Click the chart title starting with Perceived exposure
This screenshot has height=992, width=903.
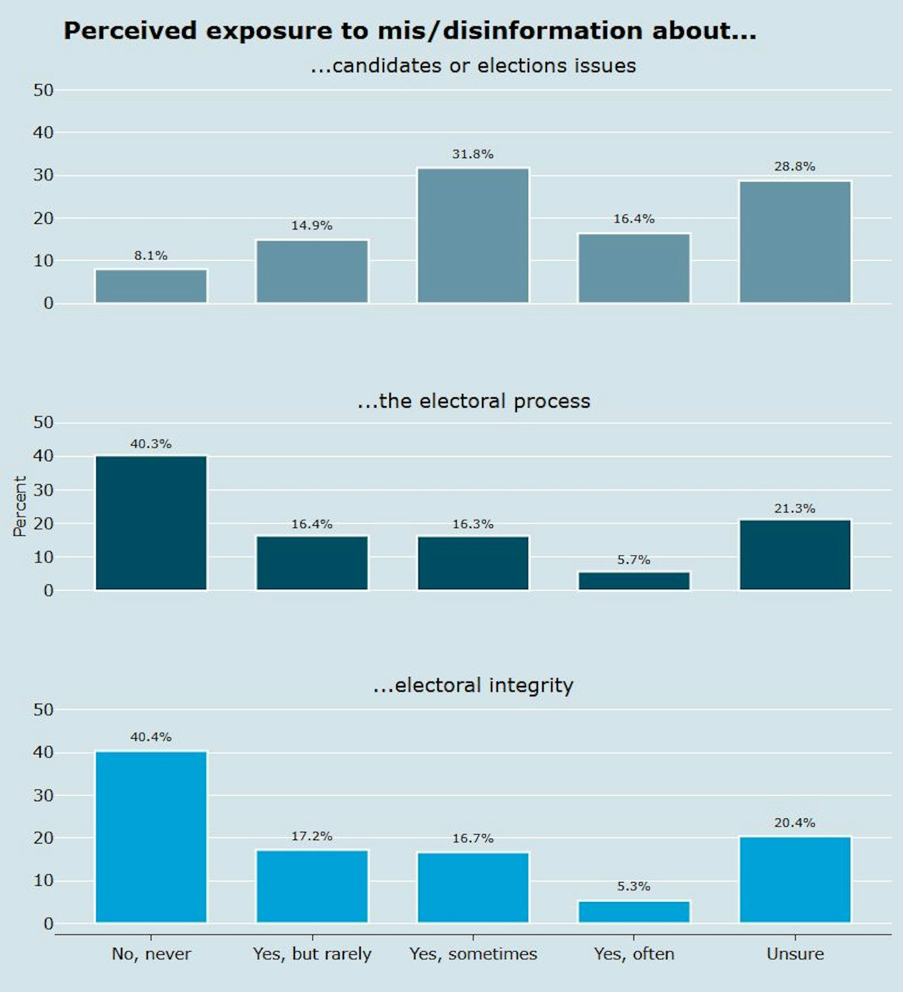tap(410, 31)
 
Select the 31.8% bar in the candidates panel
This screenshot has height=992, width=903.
tap(473, 235)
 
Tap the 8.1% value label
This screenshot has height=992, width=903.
tap(150, 255)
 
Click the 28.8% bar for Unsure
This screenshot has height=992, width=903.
tap(795, 242)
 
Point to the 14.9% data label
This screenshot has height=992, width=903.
tap(312, 225)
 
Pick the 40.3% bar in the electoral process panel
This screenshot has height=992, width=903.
tap(151, 523)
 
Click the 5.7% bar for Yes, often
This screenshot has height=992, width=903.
tap(634, 581)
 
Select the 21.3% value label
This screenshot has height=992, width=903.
tap(794, 508)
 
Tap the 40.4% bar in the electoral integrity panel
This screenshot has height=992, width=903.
tap(151, 836)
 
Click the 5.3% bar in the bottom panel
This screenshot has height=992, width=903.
tap(634, 911)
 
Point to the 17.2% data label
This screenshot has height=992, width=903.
tap(312, 836)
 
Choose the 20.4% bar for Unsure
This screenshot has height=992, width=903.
tap(795, 879)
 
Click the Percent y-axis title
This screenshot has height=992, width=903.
tap(20, 506)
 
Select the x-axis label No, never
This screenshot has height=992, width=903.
tap(151, 953)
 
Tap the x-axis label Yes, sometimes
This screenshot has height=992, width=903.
tap(473, 953)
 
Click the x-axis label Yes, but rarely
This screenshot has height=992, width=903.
tap(312, 953)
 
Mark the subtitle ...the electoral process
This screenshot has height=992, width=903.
tap(473, 401)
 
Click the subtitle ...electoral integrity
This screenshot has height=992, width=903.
tap(473, 685)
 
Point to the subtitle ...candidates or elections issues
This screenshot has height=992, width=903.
tap(473, 65)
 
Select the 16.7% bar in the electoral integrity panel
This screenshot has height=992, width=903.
tap(473, 887)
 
